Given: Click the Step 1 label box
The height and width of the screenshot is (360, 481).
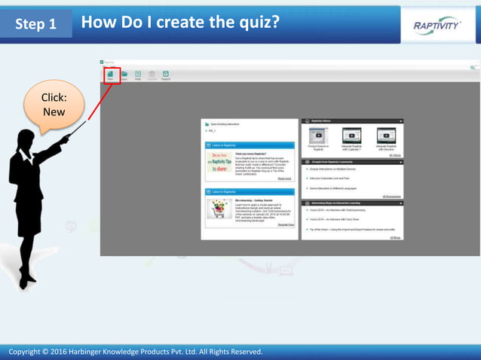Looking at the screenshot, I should pos(36,24).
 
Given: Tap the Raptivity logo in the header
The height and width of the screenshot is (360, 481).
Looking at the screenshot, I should pos(437,25).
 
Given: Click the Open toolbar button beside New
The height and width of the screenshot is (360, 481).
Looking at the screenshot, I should pos(124,75).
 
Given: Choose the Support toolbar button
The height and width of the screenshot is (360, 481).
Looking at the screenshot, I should pos(165,75).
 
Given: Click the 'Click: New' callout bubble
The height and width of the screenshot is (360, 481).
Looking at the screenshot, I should pos(54,105).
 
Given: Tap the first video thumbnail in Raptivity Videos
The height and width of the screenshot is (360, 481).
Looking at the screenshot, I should pos(318,136).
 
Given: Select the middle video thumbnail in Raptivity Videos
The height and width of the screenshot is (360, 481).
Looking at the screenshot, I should pos(351,136).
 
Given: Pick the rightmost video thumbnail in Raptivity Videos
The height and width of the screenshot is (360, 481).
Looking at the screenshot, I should pos(386,136).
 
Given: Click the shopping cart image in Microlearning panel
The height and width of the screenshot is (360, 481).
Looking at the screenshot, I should pos(219,211).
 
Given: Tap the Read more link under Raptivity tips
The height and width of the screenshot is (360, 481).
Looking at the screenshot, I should pos(283,178).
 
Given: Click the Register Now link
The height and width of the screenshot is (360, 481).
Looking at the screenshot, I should pos(285,224).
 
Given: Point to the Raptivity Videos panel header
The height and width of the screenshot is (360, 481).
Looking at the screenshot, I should pos(352,121).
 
